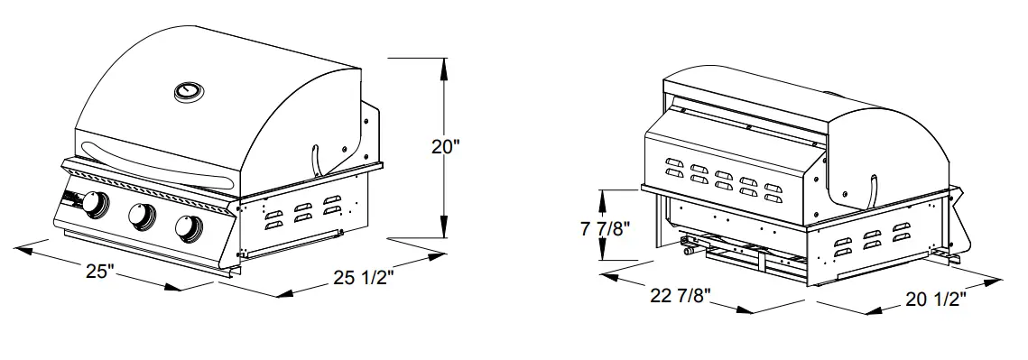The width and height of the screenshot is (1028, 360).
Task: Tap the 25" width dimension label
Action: coord(101,271)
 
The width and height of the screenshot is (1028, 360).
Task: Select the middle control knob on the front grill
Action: coord(141,217)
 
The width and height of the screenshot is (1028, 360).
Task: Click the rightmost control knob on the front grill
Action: coord(188,229)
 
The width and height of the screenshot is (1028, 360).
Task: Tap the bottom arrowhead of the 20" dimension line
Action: coord(442,236)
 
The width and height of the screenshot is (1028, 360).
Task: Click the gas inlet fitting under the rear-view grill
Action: coord(690,254)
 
